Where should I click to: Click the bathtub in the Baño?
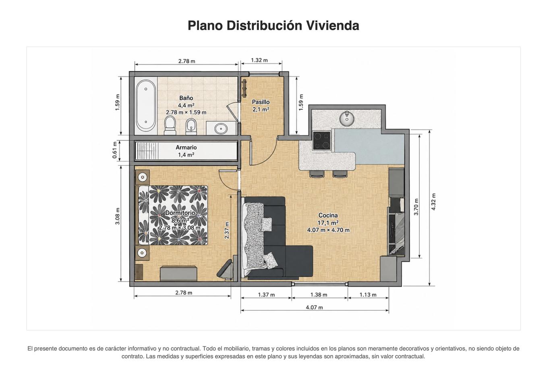pyautogui.click(x=146, y=106)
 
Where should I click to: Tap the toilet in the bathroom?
pyautogui.click(x=170, y=125)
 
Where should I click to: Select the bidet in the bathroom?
pyautogui.click(x=191, y=127)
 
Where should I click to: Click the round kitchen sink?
pyautogui.click(x=347, y=118)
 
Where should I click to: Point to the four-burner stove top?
pyautogui.click(x=322, y=140)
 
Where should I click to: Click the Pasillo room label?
pyautogui.click(x=261, y=102)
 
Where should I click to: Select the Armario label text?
pyautogui.click(x=186, y=147)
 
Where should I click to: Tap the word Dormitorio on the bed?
pyautogui.click(x=180, y=213)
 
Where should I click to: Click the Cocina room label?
pyautogui.click(x=328, y=215)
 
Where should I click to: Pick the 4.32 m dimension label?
pyautogui.click(x=433, y=202)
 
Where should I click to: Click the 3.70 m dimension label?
pyautogui.click(x=416, y=207)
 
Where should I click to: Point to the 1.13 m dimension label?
pyautogui.click(x=368, y=295)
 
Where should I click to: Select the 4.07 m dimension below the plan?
pyautogui.click(x=315, y=307)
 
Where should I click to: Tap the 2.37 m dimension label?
pyautogui.click(x=227, y=230)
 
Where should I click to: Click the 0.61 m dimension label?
pyautogui.click(x=115, y=150)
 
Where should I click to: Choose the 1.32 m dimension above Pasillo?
pyautogui.click(x=259, y=60)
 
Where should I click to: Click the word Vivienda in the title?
pyautogui.click(x=333, y=25)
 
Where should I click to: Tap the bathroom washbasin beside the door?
pyautogui.click(x=221, y=128)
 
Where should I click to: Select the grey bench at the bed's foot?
pyautogui.click(x=178, y=273)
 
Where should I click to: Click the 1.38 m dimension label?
pyautogui.click(x=319, y=295)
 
